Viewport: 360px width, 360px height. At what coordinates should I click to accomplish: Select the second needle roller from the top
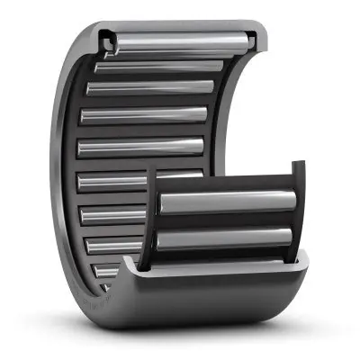tap(157, 66)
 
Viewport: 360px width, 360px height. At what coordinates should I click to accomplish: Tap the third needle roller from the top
tap(148, 88)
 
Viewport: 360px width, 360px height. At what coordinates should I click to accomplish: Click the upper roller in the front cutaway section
tap(225, 202)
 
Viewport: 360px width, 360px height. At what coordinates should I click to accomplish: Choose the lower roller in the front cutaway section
tap(225, 238)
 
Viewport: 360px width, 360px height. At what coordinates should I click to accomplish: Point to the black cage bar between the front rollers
tap(225, 220)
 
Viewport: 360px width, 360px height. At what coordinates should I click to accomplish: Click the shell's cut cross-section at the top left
tap(106, 39)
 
